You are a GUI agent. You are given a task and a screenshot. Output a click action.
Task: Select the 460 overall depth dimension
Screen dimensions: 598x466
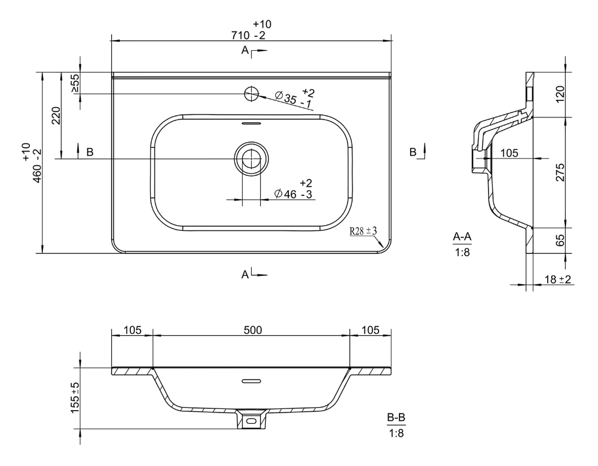32,162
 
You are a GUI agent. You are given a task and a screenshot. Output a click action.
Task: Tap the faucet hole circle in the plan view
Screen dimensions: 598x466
251,94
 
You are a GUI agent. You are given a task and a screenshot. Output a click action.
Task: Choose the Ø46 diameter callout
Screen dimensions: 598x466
294,188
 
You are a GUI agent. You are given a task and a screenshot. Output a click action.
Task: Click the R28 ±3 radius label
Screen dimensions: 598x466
363,231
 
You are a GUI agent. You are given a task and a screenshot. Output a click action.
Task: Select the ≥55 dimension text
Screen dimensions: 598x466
75,83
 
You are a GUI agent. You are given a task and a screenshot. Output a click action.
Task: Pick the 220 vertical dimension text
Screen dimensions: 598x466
56,116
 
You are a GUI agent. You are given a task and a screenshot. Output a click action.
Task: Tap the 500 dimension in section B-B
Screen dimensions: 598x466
253,330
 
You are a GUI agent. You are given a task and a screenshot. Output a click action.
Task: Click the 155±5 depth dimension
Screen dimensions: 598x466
75,398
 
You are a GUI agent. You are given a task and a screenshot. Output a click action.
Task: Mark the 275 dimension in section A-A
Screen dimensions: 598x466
560,173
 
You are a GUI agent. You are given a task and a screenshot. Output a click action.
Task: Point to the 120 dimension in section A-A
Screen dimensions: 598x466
560,94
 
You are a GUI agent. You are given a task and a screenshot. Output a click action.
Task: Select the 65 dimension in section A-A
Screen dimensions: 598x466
560,241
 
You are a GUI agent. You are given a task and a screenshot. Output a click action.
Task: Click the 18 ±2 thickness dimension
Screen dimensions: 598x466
557,279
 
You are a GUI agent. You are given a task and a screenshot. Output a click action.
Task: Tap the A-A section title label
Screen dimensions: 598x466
462,237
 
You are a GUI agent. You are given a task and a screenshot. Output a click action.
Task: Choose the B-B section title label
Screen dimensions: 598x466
396,418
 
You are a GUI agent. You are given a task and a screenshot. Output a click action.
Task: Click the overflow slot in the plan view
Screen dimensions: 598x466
251,124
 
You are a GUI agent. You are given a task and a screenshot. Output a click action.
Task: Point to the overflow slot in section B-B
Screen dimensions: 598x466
251,381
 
